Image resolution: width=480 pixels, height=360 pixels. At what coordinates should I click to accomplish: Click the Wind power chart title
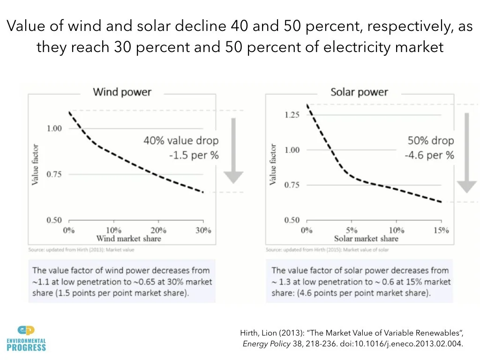click(122, 91)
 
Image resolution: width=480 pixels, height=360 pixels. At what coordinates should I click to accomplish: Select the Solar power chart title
click(360, 91)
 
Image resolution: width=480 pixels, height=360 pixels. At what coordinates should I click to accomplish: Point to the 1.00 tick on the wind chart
click(54, 128)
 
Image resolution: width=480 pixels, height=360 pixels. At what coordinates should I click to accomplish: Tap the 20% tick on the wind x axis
click(158, 230)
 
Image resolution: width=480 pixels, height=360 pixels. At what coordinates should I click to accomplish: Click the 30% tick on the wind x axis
click(202, 230)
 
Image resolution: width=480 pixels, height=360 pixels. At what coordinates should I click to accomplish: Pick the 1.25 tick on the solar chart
click(292, 115)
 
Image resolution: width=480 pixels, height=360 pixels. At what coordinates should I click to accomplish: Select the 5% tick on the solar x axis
click(352, 230)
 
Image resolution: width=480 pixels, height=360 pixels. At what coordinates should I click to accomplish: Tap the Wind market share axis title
click(128, 239)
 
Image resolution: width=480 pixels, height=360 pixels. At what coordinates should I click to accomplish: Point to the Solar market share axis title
click(366, 239)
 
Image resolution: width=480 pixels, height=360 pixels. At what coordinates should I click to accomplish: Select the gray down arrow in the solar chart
click(466, 152)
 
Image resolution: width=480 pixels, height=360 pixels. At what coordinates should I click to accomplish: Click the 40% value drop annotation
click(181, 141)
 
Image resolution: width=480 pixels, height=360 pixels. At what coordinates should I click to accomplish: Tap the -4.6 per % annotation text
click(429, 155)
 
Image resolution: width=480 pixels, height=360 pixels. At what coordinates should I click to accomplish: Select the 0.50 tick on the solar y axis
click(292, 220)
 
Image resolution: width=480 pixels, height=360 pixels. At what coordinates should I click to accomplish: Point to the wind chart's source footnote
click(82, 250)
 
